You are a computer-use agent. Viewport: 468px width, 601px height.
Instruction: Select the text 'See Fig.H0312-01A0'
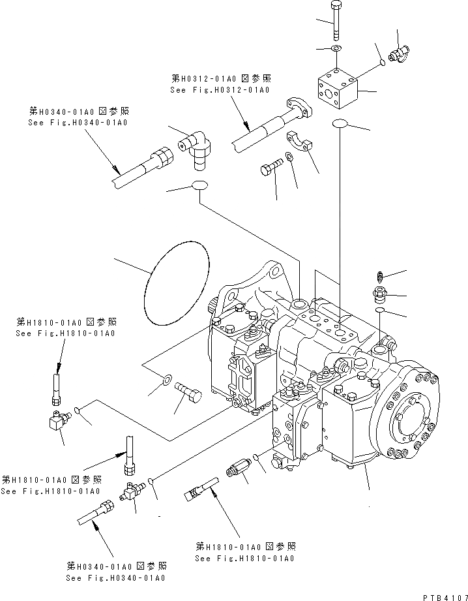tap(220, 90)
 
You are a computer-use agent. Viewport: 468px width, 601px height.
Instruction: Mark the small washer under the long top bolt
tap(335, 49)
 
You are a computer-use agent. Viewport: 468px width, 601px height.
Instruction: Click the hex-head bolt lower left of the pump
tap(190, 393)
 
